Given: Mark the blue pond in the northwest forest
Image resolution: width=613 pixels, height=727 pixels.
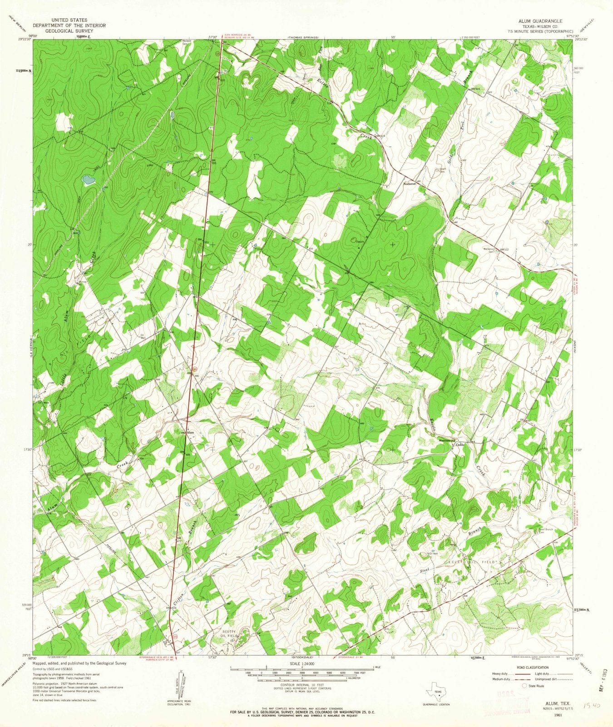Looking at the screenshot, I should pyautogui.click(x=88, y=180).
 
